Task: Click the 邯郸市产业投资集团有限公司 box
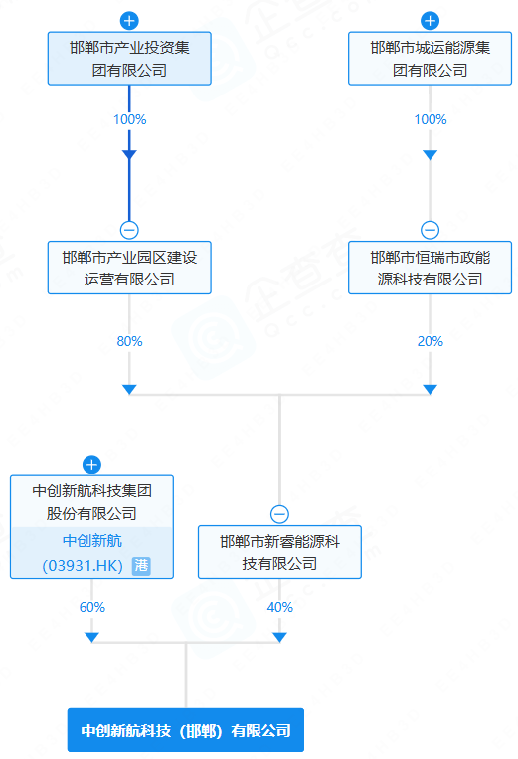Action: (x=129, y=58)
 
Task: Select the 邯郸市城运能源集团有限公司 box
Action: (x=430, y=58)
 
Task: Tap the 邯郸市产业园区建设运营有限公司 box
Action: (x=129, y=268)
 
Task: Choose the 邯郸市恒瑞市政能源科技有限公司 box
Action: (x=430, y=268)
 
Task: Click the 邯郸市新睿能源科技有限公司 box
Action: (x=279, y=552)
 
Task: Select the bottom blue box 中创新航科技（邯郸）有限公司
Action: (x=186, y=730)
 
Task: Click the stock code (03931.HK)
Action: (x=82, y=565)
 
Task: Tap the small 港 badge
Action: (x=141, y=565)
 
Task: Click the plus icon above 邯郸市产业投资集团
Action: (x=129, y=20)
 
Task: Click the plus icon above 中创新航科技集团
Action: (x=91, y=464)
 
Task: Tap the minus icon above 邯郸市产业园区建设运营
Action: (x=129, y=230)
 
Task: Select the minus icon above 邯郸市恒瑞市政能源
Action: (x=430, y=230)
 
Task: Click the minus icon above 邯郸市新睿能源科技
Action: (x=279, y=514)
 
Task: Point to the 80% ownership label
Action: (x=129, y=341)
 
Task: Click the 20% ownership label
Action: (x=430, y=341)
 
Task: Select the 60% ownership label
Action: (x=91, y=607)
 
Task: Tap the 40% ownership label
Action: (x=279, y=607)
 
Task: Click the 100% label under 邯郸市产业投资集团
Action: (x=129, y=119)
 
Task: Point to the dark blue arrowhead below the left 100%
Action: (x=129, y=154)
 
